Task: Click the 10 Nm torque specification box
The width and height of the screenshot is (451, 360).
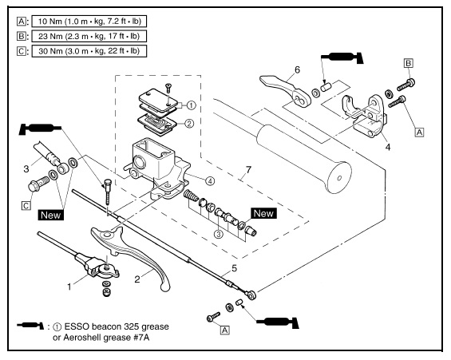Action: [89, 22]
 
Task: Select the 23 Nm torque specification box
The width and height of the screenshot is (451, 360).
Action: [89, 36]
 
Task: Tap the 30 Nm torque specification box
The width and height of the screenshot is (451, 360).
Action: [89, 51]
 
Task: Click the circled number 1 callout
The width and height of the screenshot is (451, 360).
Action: [192, 105]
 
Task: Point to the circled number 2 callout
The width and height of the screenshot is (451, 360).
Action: [189, 124]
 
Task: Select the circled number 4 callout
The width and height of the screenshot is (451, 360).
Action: [210, 180]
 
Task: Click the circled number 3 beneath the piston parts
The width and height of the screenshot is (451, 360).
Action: [219, 234]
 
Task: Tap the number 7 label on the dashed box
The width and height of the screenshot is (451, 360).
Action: [248, 170]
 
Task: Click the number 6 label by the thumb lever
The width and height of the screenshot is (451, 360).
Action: [298, 69]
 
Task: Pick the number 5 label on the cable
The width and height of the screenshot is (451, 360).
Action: [234, 268]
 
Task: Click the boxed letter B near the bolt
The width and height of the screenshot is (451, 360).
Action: [409, 63]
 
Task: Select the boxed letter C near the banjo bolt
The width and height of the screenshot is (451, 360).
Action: [26, 205]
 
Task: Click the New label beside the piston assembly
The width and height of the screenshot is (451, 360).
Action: [263, 213]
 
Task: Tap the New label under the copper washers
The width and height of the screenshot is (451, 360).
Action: [50, 215]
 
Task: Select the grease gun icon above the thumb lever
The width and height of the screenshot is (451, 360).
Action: [342, 57]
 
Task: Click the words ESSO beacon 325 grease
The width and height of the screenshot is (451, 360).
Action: [117, 326]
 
